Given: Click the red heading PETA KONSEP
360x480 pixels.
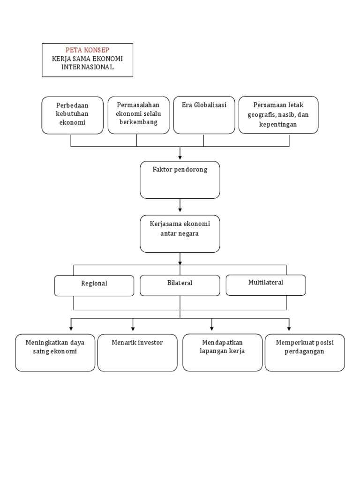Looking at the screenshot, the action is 87,50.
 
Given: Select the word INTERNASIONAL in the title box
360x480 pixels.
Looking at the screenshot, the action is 87,67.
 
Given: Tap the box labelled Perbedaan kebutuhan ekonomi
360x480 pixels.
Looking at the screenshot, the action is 72,115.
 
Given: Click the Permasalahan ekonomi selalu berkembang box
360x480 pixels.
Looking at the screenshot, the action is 138,115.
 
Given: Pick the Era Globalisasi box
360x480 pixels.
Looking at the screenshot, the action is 204,115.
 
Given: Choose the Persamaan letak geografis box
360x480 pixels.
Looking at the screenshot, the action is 278,115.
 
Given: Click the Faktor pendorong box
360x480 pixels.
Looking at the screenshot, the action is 180,180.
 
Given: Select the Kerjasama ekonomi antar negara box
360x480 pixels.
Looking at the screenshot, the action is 180,234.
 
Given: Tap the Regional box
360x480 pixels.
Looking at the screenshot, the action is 94,285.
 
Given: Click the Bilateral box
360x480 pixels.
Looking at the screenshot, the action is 180,285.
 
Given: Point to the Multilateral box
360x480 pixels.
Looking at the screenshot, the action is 266,285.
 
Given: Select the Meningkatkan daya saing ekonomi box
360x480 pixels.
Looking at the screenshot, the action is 55,352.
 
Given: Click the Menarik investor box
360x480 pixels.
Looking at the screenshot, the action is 137,352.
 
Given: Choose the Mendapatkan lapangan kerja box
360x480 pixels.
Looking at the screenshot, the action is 223,352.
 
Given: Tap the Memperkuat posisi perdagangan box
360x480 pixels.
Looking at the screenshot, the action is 305,352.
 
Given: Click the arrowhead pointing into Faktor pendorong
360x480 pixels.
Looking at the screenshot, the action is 180,157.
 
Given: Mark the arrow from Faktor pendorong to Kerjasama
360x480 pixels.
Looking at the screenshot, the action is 180,205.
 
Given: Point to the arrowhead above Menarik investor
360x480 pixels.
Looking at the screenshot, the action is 133,329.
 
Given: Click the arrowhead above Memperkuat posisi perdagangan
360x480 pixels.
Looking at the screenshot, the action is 289,329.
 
